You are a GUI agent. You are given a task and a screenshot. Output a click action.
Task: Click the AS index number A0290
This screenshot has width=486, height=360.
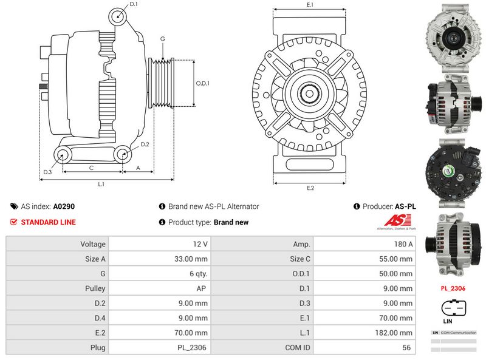(64, 206)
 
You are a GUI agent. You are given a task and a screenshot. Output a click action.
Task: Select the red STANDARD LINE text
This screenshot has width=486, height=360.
(48, 222)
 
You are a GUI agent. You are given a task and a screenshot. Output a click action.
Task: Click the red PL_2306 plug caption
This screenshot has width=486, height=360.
(453, 288)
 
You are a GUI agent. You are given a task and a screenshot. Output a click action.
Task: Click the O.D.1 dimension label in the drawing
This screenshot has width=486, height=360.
(202, 83)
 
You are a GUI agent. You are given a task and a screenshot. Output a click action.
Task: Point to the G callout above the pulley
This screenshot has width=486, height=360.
(162, 39)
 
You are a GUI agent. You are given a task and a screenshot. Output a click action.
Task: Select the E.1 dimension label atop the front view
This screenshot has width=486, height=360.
(310, 5)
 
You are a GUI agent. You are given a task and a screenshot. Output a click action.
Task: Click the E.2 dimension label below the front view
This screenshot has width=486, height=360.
(310, 188)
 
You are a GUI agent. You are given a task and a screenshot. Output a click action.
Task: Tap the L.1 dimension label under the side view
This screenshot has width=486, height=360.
(101, 184)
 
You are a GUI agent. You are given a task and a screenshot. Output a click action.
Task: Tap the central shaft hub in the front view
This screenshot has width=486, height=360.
(310, 93)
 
